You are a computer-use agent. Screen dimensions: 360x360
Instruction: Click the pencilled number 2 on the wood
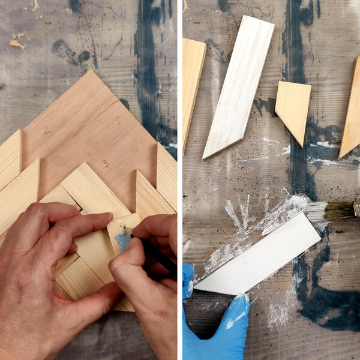pyautogui.click(x=46, y=129)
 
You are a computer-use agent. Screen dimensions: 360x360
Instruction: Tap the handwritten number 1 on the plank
pyautogui.click(x=118, y=120)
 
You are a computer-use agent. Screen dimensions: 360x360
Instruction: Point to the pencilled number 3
pyautogui.click(x=105, y=163)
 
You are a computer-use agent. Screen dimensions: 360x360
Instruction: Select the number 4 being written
pyautogui.click(x=122, y=227)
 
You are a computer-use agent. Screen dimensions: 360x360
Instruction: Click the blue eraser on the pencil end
pyautogui.click(x=123, y=241)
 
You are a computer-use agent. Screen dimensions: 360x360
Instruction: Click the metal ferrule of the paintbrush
pyautogui.click(x=356, y=209)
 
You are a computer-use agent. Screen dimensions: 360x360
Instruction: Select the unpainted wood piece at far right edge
pyautogui.click(x=351, y=114)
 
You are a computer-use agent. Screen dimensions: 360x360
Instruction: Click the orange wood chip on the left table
pyautogui.click(x=17, y=44)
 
